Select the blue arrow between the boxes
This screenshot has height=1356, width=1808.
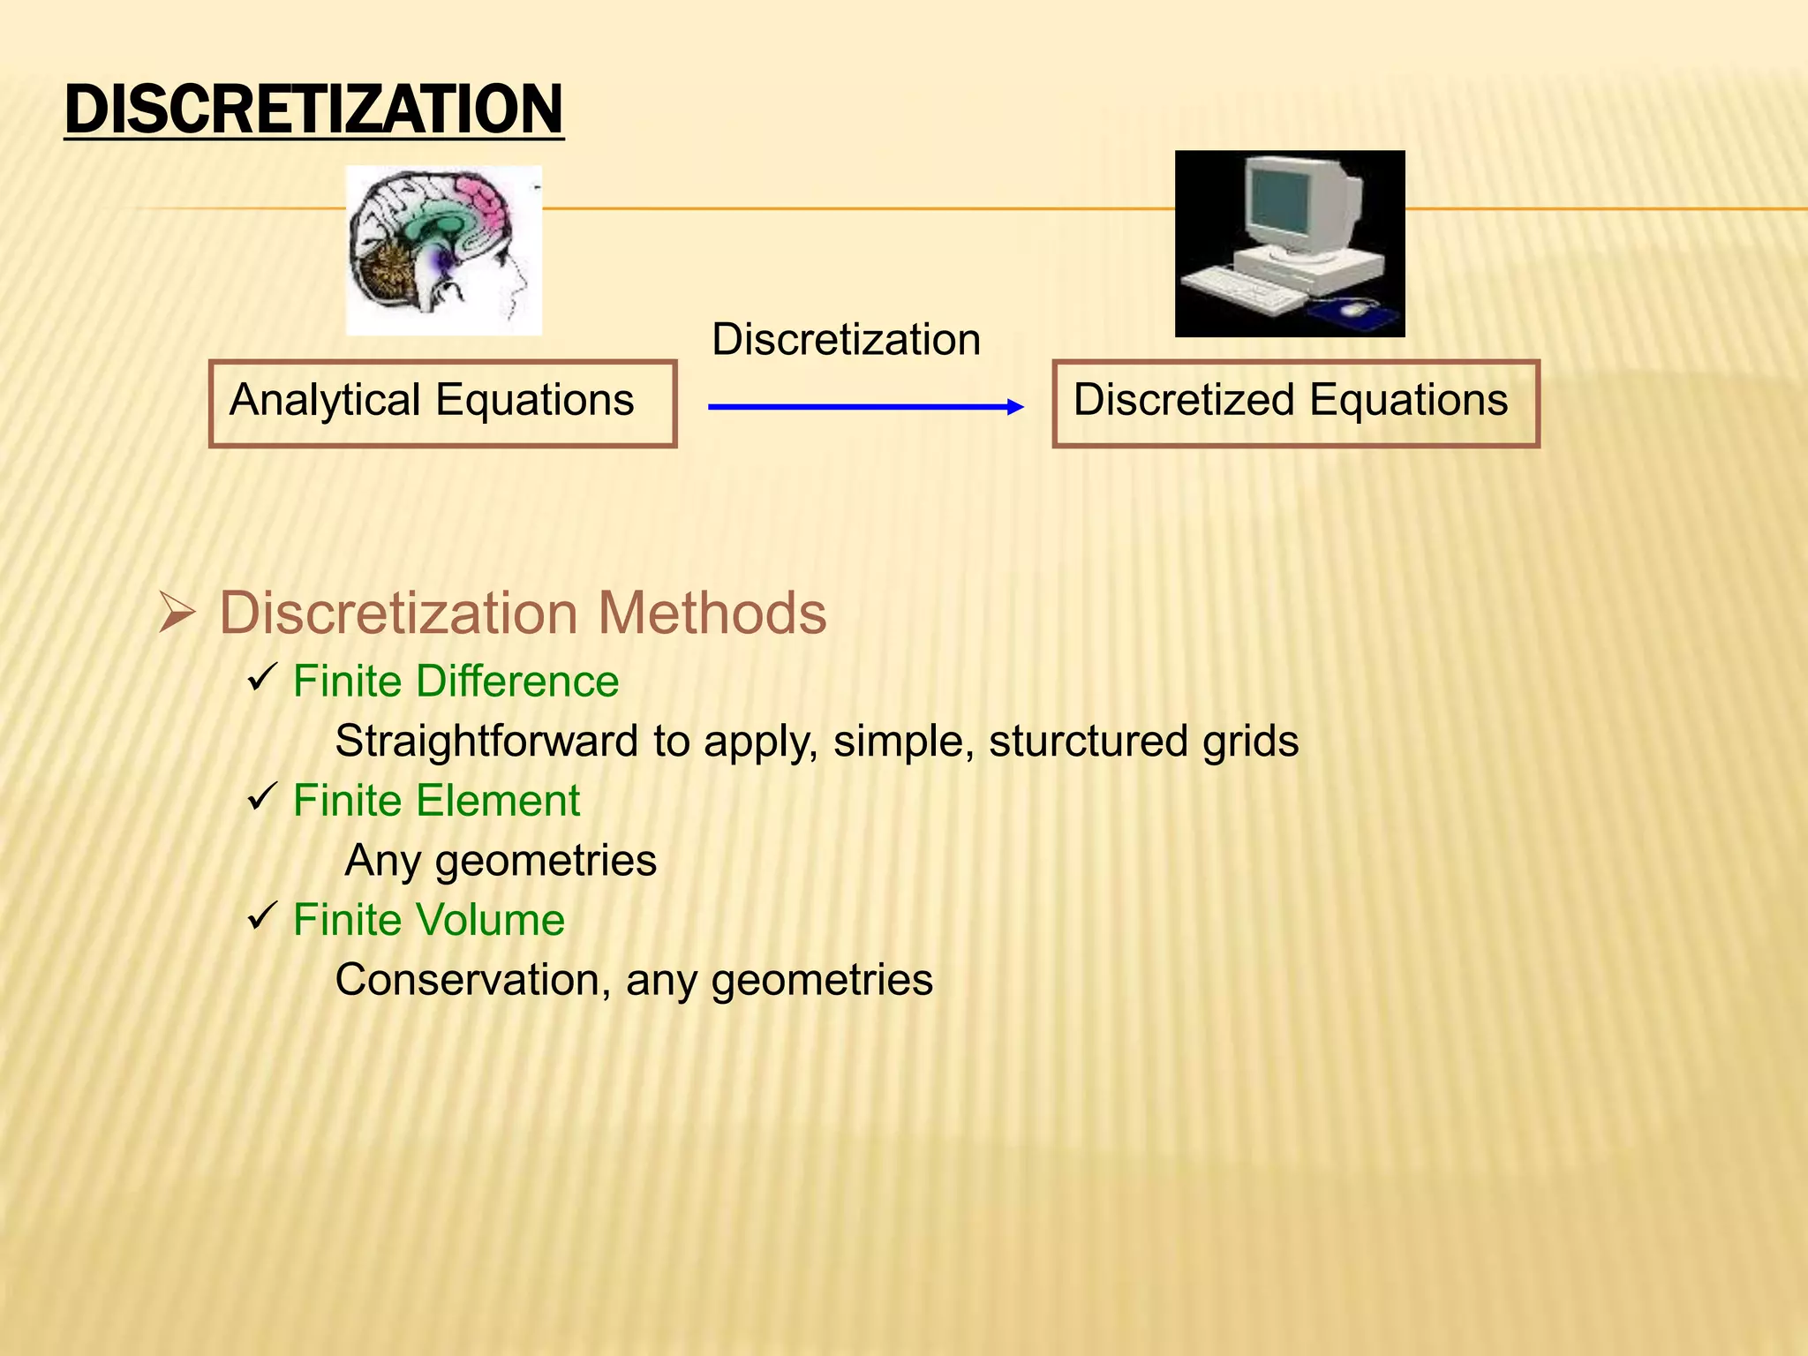[x=865, y=407]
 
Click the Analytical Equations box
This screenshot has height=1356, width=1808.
[x=442, y=403]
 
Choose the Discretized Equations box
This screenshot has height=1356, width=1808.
[x=1295, y=403]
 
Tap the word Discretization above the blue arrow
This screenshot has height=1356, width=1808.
[x=846, y=340]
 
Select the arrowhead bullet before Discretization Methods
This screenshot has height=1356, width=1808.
[x=177, y=614]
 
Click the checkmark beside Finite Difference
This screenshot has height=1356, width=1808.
[x=263, y=678]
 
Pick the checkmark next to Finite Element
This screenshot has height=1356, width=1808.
[x=263, y=797]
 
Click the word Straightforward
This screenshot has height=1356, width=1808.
[x=486, y=742]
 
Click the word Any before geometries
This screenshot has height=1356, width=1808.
[x=382, y=862]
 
